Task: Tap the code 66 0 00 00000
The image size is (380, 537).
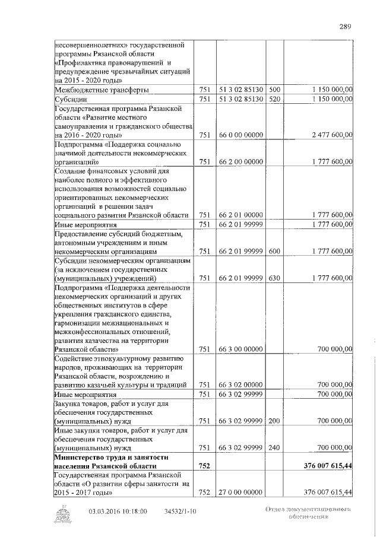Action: click(240, 135)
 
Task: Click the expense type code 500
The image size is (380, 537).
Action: click(274, 90)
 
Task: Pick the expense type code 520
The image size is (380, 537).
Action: click(274, 99)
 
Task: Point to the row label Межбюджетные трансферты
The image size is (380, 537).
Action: click(102, 90)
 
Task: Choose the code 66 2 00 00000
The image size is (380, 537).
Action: click(240, 161)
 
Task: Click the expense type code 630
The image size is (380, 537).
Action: click(274, 278)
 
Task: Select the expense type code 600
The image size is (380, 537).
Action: click(274, 252)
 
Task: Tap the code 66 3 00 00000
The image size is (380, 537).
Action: click(240, 349)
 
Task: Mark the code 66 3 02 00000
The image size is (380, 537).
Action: click(240, 385)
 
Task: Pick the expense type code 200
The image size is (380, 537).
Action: click(274, 421)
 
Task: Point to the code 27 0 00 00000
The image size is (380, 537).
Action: click(240, 492)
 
